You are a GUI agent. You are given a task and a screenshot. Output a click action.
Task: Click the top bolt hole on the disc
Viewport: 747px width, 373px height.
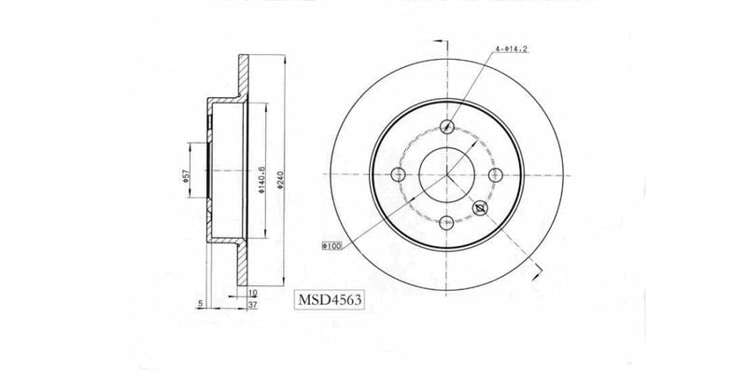point(447,128)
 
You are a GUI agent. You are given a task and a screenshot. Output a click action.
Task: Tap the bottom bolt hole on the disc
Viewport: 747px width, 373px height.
point(447,222)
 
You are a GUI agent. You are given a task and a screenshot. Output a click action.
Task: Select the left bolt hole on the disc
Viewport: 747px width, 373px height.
point(401,174)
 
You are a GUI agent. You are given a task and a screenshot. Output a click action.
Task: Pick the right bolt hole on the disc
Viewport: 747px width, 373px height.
point(495,174)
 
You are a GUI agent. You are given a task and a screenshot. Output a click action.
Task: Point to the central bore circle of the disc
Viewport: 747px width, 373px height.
point(447,174)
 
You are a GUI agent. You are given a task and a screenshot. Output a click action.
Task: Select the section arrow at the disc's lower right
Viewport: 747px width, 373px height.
point(538,269)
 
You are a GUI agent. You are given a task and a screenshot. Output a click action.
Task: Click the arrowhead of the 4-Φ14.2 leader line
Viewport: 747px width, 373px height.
point(450,123)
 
